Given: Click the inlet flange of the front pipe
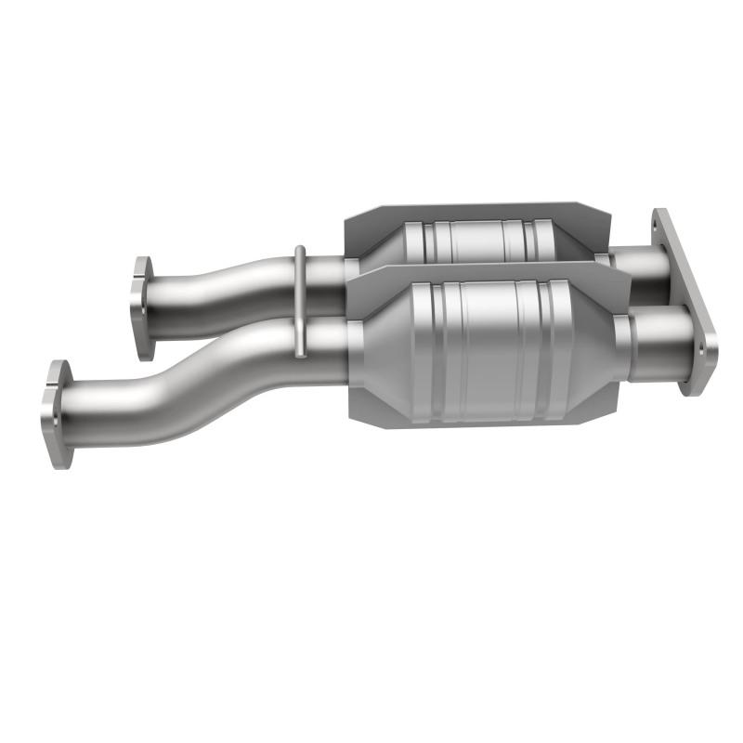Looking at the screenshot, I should click(x=57, y=413).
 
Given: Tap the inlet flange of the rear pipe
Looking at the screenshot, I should click(x=142, y=307).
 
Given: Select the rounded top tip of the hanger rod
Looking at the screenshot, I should click(x=299, y=250).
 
